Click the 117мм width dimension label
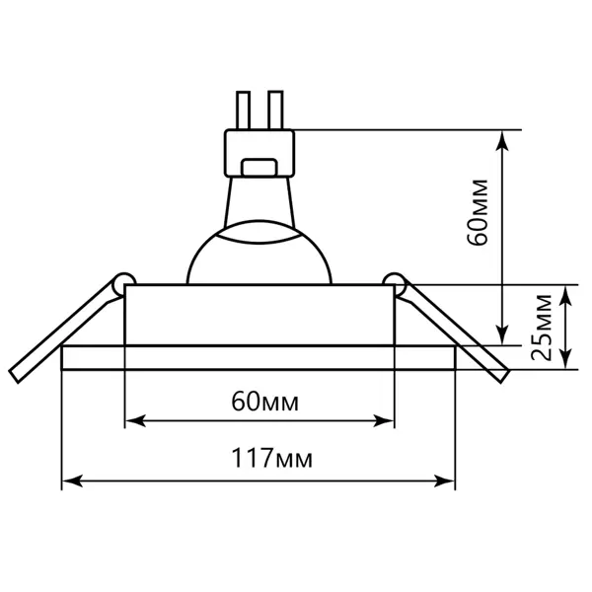point(272,459)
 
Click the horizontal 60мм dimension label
point(265,402)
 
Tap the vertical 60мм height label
point(477,213)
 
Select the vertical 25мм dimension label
point(541,327)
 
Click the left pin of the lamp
point(243,111)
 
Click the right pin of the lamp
point(275,111)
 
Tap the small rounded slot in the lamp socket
point(259,168)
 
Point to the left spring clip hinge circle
point(124,283)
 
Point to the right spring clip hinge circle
point(394,283)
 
